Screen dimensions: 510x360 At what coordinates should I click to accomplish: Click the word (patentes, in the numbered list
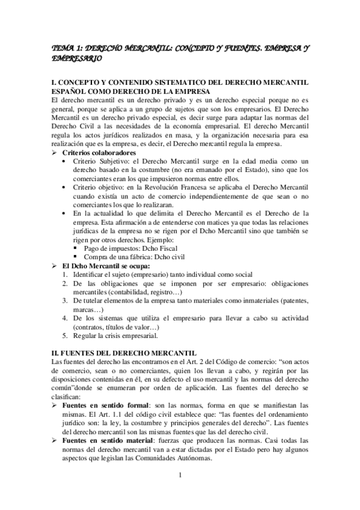click(291, 300)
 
